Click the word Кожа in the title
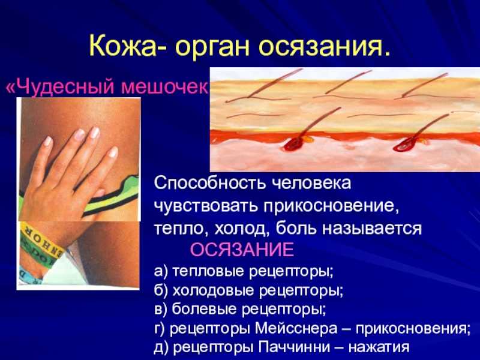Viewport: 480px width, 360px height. pos(124,47)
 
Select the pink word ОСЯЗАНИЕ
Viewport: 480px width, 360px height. pos(242,250)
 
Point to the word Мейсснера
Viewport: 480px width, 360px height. pos(296,328)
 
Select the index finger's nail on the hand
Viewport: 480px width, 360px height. pos(80,134)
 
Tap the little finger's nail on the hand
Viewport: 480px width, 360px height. pos(113,152)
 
